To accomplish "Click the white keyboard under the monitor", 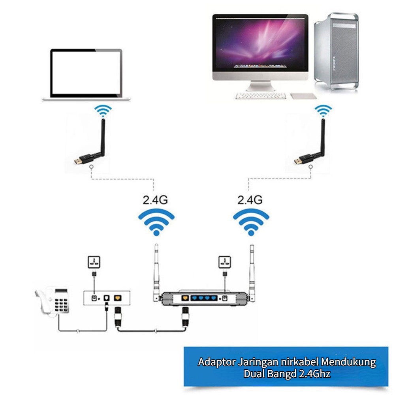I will [x=261, y=96].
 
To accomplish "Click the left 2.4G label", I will [x=155, y=199].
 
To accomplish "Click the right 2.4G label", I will [x=250, y=199].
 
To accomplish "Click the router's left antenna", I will [x=156, y=269].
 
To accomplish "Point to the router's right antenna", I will [x=251, y=269].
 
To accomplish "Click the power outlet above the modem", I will [x=94, y=262].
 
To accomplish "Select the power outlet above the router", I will [x=224, y=262].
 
